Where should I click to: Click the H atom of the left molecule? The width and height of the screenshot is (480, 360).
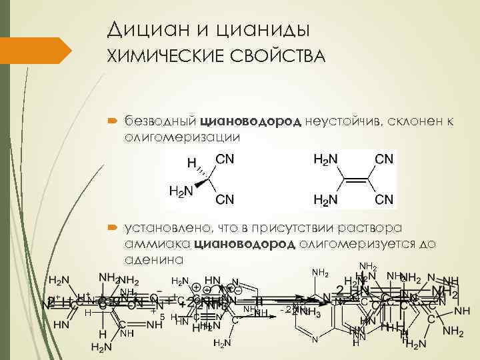tap(191, 163)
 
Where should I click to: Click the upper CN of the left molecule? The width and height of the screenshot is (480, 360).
tap(225, 159)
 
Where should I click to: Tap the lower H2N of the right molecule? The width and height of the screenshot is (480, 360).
tap(325, 199)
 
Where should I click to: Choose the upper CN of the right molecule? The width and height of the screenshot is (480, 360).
tap(384, 159)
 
